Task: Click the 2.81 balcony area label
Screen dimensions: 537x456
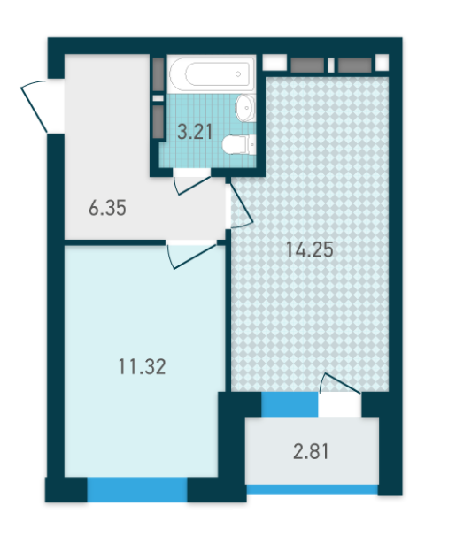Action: [x=311, y=453]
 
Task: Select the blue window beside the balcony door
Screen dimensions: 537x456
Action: [x=289, y=403]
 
